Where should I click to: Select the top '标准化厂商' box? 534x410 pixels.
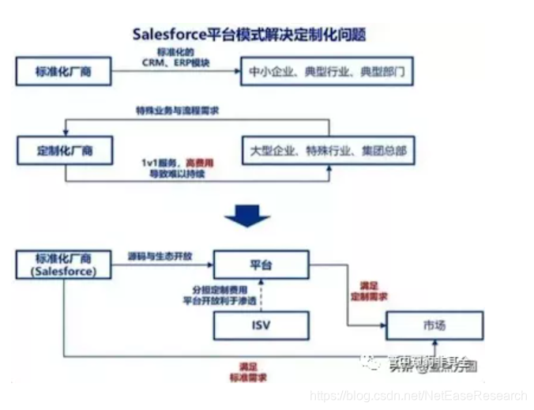coord(64,72)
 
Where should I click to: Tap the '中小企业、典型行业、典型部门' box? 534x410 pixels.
coord(326,72)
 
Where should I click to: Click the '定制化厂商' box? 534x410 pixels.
coord(64,149)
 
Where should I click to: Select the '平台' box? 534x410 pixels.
coord(260,265)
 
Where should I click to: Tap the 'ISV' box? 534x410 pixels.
coord(260,325)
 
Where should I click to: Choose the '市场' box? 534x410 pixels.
coord(434,325)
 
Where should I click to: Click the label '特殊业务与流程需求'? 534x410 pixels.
coord(178,111)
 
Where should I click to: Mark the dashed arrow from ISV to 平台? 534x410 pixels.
coord(260,295)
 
